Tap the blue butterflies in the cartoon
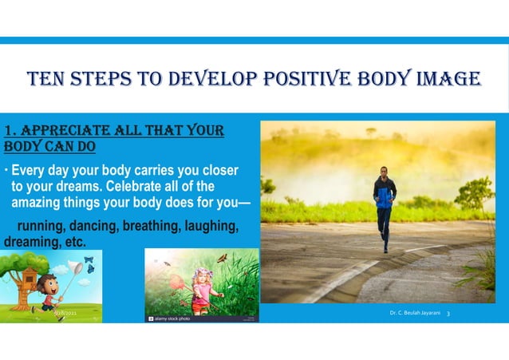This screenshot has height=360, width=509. pyautogui.click(x=89, y=268)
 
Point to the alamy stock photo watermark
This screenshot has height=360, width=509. pyautogui.click(x=172, y=317)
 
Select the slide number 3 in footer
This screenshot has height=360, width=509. pyautogui.click(x=448, y=314)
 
